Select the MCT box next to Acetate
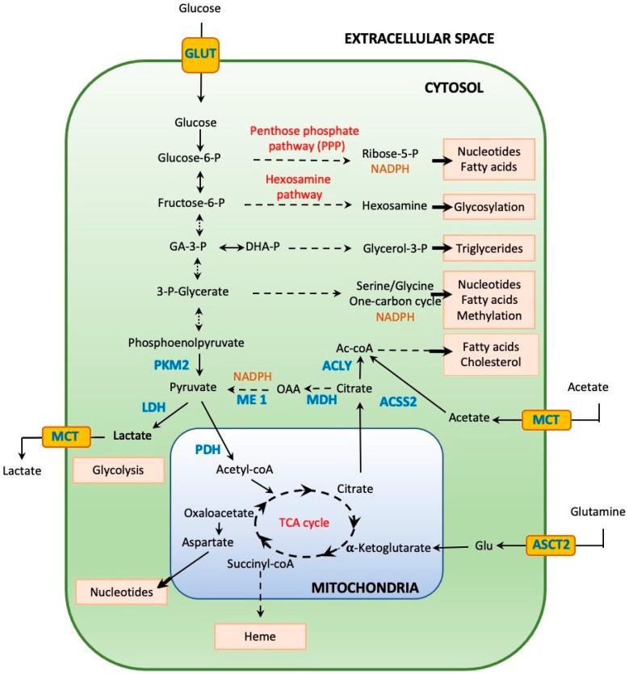pos(547,419)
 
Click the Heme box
pos(260,637)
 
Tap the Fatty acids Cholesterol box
pos(491,353)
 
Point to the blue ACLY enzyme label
pos(337,365)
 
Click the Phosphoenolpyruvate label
pos(186,343)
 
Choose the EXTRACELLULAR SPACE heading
pos(419,38)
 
